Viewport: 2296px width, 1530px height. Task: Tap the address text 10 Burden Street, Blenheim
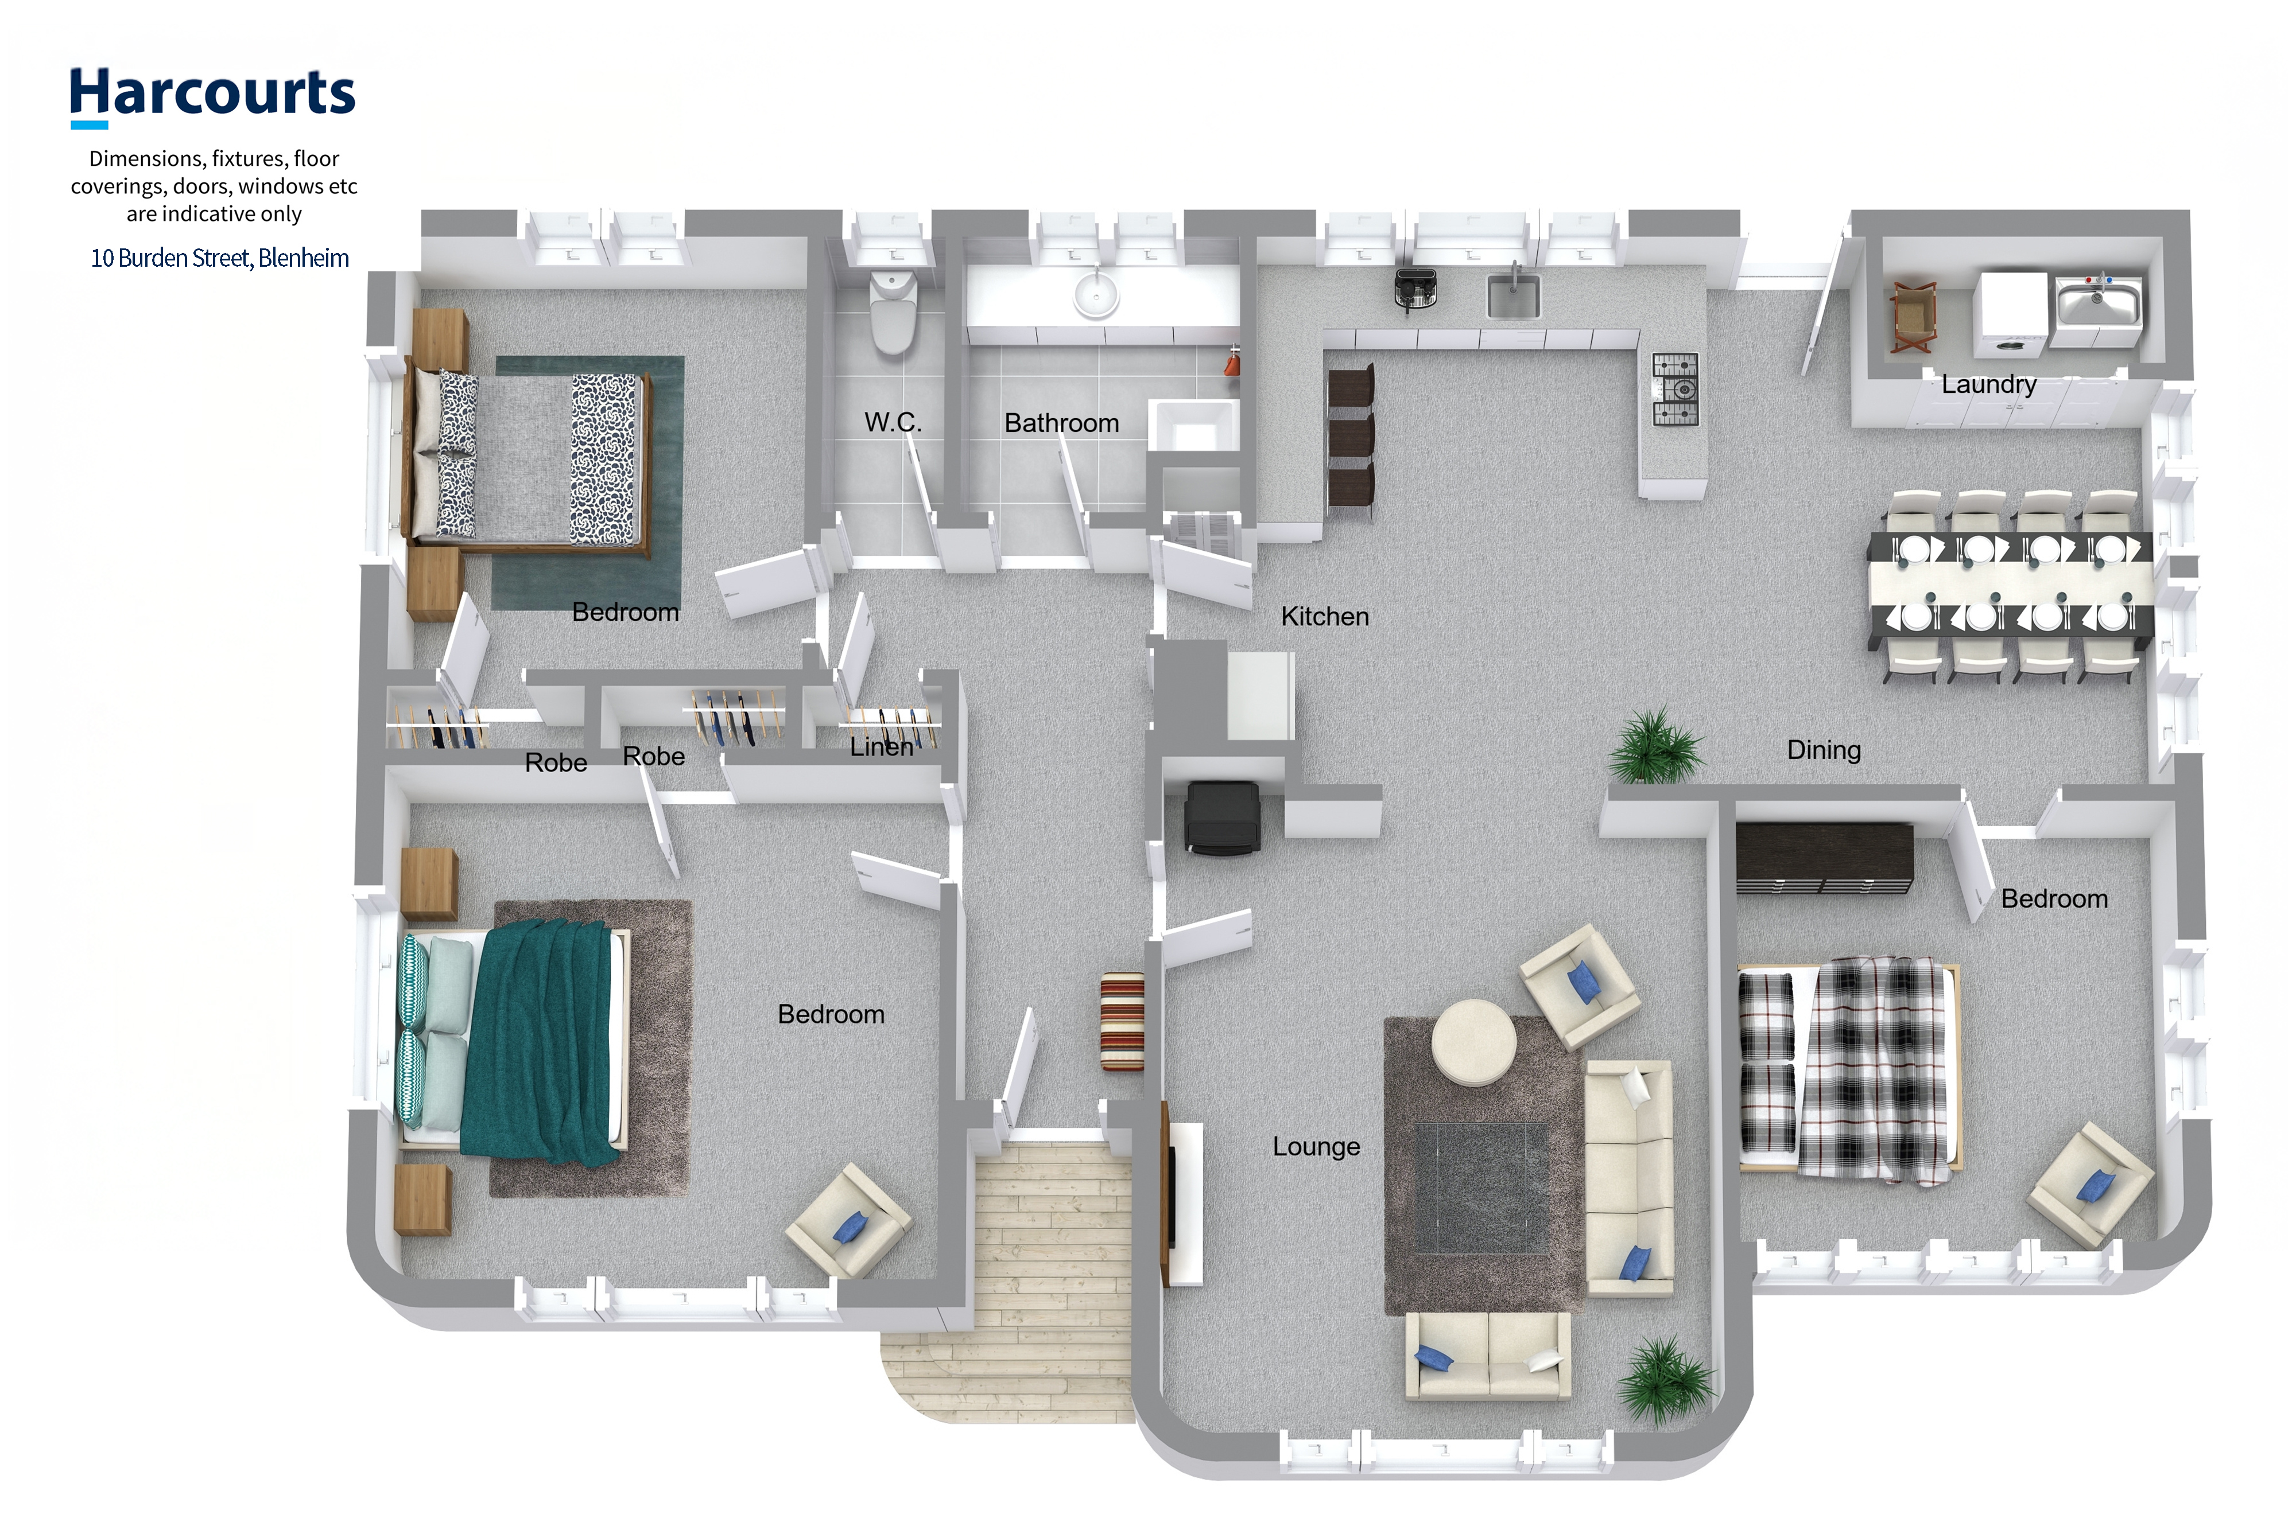[220, 258]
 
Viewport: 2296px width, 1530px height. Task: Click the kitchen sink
[1513, 295]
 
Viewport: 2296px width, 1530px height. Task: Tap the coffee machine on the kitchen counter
[1415, 289]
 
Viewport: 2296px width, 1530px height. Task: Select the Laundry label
[1988, 384]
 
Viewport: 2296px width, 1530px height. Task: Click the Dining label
[1824, 749]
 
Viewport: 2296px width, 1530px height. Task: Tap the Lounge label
[1316, 1147]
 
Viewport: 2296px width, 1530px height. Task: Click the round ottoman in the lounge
[1474, 1042]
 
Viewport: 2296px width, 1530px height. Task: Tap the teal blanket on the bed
[540, 1042]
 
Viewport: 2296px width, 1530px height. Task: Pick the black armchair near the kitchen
[1221, 817]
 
